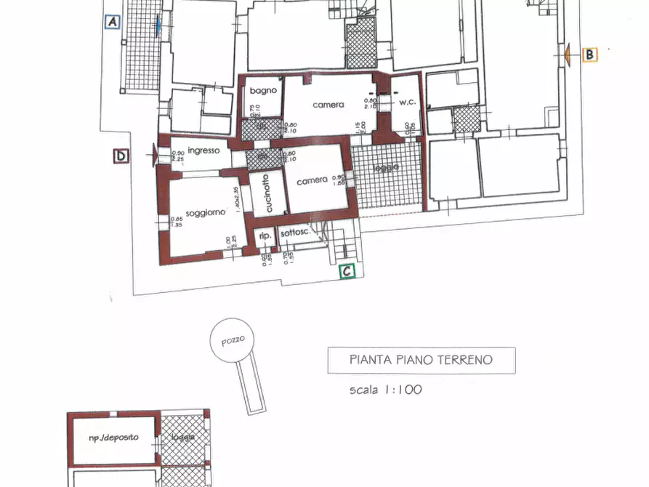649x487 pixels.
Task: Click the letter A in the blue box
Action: (112, 23)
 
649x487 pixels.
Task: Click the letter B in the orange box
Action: (589, 54)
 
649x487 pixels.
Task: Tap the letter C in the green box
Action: (348, 271)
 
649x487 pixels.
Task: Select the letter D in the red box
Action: (121, 156)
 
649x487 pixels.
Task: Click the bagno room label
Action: (262, 91)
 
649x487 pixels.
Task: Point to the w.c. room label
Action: (407, 103)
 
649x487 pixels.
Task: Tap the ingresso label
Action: (203, 150)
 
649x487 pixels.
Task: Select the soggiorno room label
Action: (206, 213)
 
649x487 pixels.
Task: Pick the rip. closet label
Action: (265, 236)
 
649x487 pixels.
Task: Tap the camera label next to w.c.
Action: (328, 105)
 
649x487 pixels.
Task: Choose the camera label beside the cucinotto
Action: (311, 180)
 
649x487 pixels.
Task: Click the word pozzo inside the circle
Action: (233, 339)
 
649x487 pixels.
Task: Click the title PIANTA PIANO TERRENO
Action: (421, 359)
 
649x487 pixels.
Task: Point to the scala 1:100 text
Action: (385, 390)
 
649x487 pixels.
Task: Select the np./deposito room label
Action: (113, 438)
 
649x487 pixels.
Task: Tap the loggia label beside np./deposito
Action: (183, 438)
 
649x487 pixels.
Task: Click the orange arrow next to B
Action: (566, 54)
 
